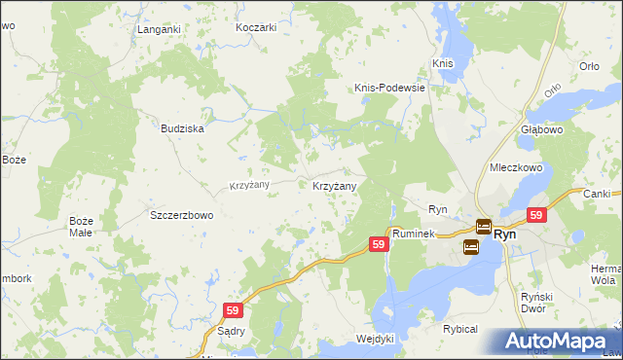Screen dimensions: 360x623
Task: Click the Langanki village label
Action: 160,29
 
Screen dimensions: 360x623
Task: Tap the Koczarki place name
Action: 257,27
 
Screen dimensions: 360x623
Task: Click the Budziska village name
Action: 182,127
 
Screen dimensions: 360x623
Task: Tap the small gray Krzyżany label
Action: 249,185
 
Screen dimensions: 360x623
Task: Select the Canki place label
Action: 596,193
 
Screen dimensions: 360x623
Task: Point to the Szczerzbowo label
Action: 181,215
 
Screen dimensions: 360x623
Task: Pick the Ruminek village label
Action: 414,234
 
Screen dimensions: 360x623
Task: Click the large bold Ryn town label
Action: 504,234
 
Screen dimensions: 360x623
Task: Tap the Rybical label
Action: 460,329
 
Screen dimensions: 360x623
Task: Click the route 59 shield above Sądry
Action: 232,309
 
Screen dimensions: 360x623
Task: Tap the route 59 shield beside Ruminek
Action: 380,245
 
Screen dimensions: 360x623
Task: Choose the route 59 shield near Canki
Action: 535,215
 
